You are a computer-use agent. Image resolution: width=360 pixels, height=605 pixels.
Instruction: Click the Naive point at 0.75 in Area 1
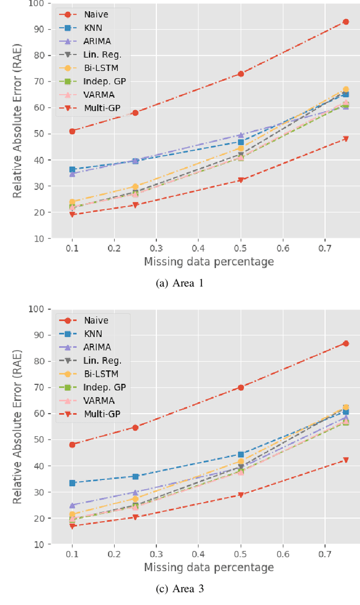[x=345, y=22]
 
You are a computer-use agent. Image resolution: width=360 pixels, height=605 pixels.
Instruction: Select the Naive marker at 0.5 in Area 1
[x=241, y=74]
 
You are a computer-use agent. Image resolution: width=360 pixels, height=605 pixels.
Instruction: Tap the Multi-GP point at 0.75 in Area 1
[x=345, y=138]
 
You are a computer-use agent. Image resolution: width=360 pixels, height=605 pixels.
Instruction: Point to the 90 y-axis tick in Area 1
[x=39, y=29]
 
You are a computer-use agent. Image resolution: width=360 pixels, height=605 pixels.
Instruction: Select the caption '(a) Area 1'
[x=179, y=283]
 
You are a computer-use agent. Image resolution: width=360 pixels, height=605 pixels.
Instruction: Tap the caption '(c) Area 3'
[x=179, y=589]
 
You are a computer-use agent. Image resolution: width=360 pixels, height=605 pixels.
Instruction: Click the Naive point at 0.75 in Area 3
[x=345, y=343]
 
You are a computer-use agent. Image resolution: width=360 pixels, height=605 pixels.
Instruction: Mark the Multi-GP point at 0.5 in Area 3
[x=241, y=495]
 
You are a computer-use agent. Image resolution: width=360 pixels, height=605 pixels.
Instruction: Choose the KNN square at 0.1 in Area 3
[x=72, y=483]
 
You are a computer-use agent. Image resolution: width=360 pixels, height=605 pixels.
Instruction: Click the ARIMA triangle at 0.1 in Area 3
[x=72, y=505]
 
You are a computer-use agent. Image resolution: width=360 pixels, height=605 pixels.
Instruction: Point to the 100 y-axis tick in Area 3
[x=37, y=309]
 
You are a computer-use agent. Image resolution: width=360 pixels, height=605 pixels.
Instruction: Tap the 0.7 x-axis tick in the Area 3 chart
[x=325, y=554]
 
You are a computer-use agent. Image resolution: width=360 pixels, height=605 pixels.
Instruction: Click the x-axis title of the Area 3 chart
[x=209, y=567]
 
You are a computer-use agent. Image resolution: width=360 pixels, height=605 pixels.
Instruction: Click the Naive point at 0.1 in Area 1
[x=72, y=131]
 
